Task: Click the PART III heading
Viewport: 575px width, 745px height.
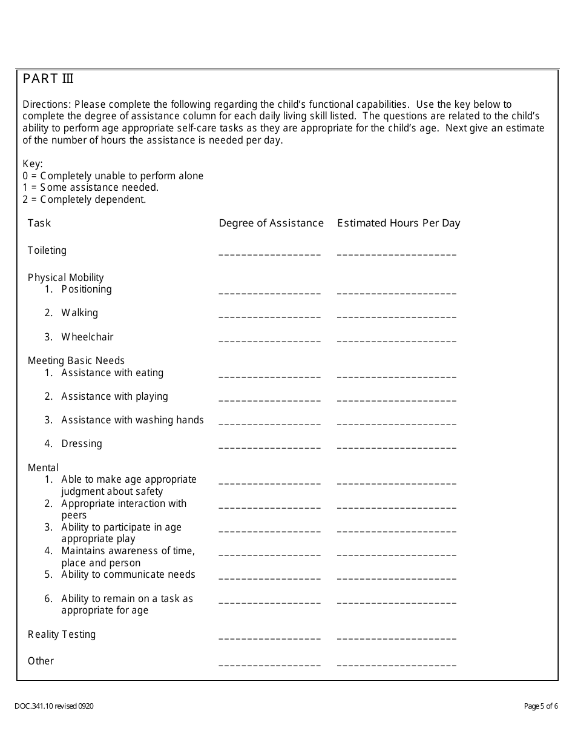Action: point(48,79)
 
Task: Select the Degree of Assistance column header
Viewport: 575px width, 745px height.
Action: point(271,223)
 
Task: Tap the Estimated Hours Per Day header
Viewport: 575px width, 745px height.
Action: point(398,223)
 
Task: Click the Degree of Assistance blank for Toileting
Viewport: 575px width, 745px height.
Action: point(269,253)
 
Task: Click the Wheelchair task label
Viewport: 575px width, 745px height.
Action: point(87,337)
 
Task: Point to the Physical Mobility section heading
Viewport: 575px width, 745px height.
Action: point(65,277)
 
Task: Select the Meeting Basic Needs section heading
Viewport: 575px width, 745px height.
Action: point(76,360)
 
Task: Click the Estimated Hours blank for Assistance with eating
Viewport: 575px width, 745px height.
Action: point(396,375)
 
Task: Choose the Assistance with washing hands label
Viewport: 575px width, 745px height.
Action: point(132,420)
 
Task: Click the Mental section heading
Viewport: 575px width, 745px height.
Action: point(43,468)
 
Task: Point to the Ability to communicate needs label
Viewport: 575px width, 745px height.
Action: point(128,574)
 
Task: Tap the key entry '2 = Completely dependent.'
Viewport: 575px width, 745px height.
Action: point(84,199)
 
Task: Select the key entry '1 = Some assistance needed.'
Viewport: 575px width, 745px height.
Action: point(90,187)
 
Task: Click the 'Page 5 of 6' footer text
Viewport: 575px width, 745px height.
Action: point(540,706)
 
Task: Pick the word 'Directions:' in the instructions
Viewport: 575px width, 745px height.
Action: point(47,104)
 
